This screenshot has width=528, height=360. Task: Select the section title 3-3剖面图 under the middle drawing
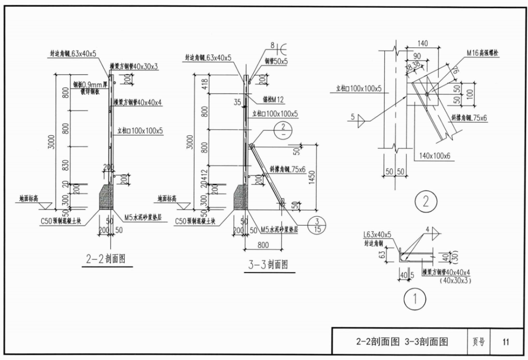pos(268,265)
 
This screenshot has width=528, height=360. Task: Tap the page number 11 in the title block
pos(505,342)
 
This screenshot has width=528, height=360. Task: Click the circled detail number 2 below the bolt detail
pos(425,201)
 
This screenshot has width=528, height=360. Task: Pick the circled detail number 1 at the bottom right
pos(415,299)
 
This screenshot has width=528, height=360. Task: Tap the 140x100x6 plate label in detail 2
pos(435,156)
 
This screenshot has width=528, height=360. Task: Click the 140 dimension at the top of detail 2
pos(422,43)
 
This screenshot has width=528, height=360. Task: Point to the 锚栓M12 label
pos(273,100)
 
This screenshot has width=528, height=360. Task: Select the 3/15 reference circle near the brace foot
pos(317,225)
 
